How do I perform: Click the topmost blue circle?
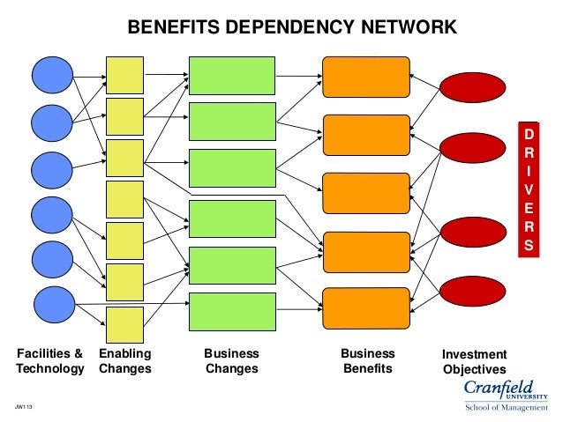(52, 75)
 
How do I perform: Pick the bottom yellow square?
(124, 326)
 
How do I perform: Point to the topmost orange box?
(366, 76)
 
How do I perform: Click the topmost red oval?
(472, 87)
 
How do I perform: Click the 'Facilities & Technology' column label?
(50, 361)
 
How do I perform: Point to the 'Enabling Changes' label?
(125, 361)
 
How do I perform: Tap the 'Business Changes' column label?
(231, 361)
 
